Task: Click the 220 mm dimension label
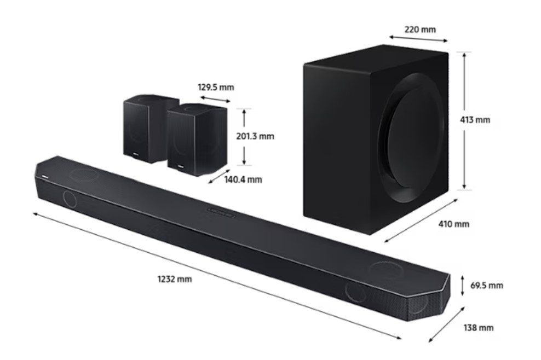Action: click(420, 30)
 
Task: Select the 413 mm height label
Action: click(475, 120)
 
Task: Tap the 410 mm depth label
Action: click(454, 224)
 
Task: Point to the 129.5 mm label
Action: click(216, 87)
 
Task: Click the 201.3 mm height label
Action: click(255, 136)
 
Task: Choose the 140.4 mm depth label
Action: click(243, 179)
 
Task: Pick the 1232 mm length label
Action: click(174, 278)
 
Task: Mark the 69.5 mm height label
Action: click(486, 285)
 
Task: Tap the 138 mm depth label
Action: click(478, 327)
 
